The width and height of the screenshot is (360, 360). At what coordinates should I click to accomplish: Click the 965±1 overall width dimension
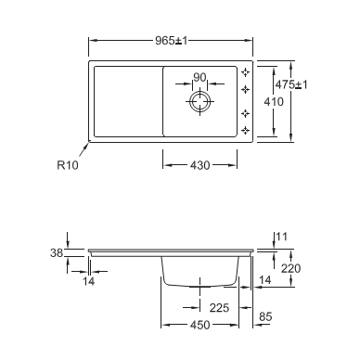[x=172, y=41]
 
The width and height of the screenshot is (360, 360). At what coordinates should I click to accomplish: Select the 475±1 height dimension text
[x=291, y=84]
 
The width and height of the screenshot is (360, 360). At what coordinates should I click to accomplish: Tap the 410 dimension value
[x=274, y=101]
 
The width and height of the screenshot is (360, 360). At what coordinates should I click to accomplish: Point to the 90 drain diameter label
[x=199, y=77]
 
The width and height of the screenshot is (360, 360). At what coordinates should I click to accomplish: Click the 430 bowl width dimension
[x=199, y=165]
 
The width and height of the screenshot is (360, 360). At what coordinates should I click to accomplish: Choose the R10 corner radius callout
[x=68, y=165]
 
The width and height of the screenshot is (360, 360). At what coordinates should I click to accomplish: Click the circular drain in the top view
[x=200, y=101]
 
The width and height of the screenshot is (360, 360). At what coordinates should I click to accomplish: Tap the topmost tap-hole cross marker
[x=245, y=72]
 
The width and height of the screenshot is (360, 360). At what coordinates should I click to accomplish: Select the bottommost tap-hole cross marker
[x=245, y=130]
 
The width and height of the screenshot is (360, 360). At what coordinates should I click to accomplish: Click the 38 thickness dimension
[x=57, y=253]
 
